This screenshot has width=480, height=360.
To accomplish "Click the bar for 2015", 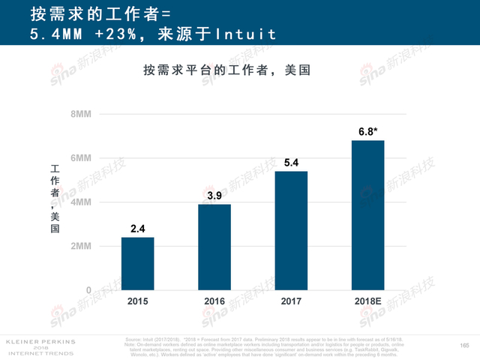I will click(x=138, y=263).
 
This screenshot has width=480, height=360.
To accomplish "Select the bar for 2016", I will click(x=214, y=247).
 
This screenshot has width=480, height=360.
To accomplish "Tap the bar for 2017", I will click(x=291, y=230).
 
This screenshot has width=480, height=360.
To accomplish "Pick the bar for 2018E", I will click(x=367, y=215).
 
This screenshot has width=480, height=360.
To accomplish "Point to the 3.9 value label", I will click(x=214, y=196).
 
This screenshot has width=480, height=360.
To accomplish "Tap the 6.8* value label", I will click(x=367, y=132).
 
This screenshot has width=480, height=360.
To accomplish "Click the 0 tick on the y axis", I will click(x=88, y=290).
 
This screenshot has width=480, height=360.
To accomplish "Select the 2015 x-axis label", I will click(x=138, y=301).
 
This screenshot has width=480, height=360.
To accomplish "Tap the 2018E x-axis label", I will click(x=367, y=301).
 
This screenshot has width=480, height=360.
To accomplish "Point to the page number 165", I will click(x=463, y=345).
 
